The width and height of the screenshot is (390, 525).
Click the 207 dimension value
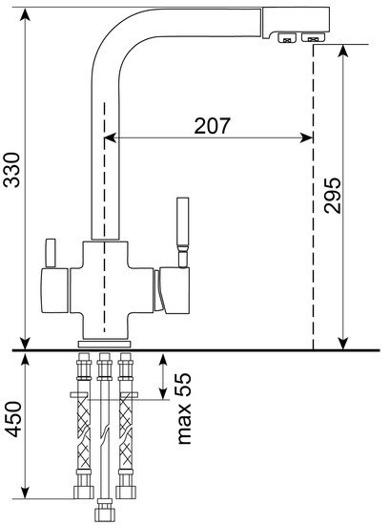[x=212, y=126]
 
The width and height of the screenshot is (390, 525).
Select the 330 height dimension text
[x=11, y=170]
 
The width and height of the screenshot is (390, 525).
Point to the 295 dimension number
[x=333, y=196]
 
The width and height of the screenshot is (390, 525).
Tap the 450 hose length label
[x=13, y=419]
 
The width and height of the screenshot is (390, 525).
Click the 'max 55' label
[x=184, y=409]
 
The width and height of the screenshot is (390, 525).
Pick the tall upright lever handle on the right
[x=183, y=232]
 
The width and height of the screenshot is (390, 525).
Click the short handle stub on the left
[x=51, y=253]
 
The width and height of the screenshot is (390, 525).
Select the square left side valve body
[x=55, y=290]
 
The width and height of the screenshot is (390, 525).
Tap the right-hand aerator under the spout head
[x=313, y=37]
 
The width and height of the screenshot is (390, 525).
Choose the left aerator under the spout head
[x=287, y=37]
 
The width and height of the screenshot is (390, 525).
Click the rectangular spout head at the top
[x=296, y=22]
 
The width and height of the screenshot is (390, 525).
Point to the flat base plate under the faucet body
[x=104, y=345]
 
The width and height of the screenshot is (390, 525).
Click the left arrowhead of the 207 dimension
[x=111, y=137]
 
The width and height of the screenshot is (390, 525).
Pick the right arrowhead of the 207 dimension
[x=307, y=137]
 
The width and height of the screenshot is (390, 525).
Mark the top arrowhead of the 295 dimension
[x=343, y=51]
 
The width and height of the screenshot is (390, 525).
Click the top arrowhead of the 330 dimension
[x=25, y=14]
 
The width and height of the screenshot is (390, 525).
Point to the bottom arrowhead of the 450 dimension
[x=25, y=493]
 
